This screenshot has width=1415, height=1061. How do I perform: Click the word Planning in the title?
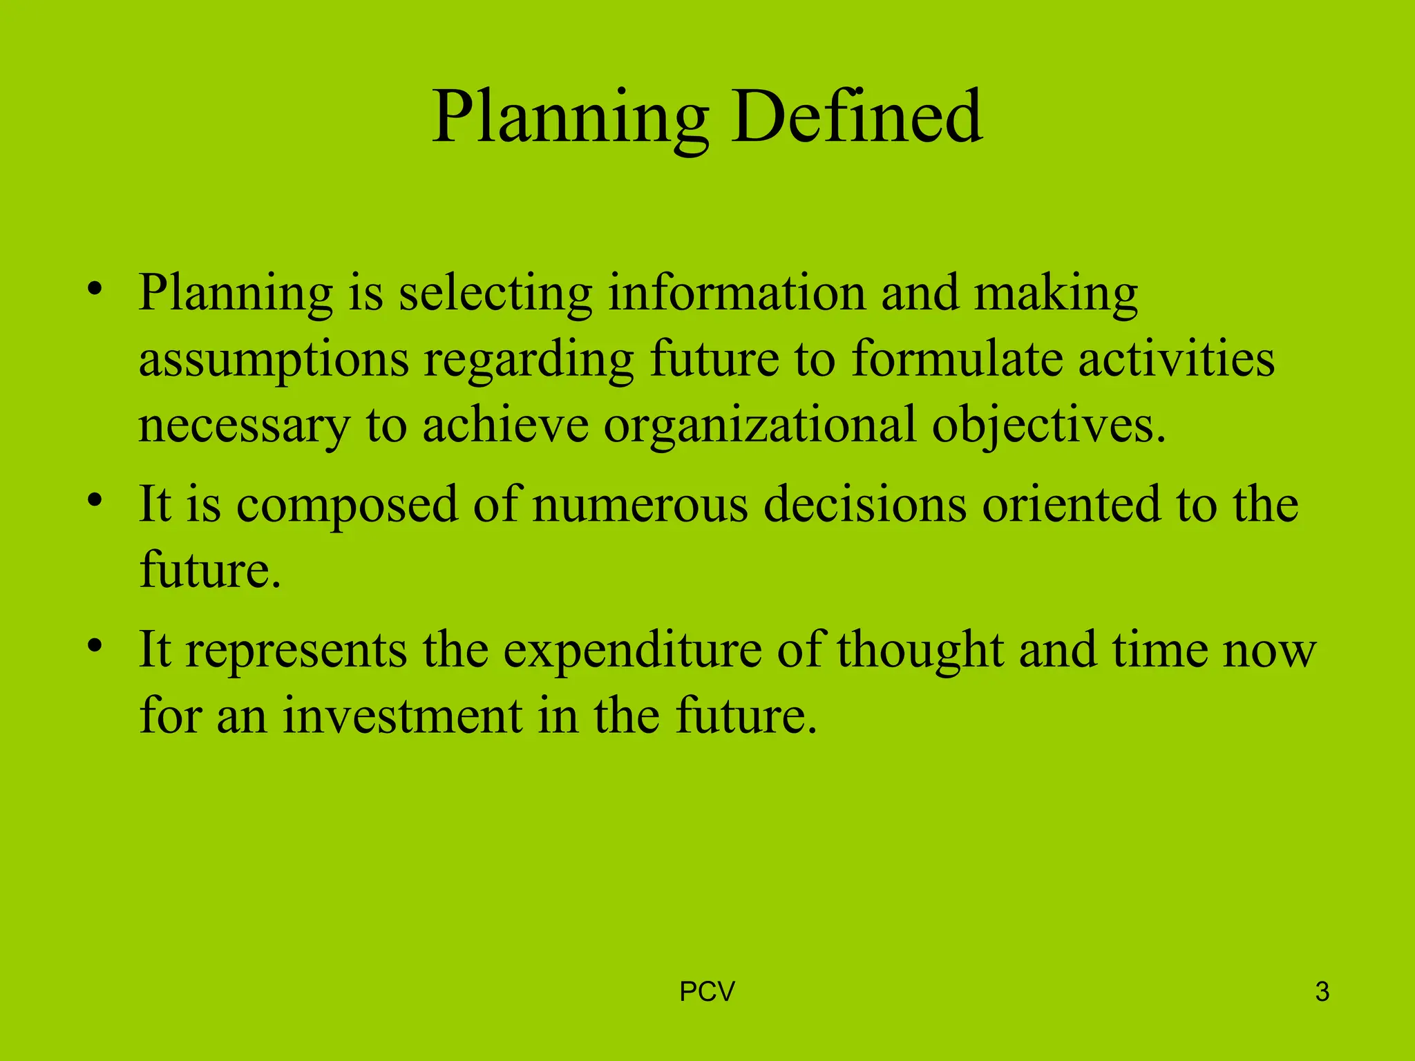[x=571, y=119]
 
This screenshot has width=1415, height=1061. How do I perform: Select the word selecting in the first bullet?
[x=495, y=294]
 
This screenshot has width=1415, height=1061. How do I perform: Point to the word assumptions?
[x=274, y=361]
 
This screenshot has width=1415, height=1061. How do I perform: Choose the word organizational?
[x=759, y=426]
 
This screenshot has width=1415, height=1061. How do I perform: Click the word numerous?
[x=640, y=504]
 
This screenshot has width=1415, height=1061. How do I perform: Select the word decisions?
[x=865, y=504]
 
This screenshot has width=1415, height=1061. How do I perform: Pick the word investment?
[x=402, y=716]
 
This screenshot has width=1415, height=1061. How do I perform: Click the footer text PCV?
[x=707, y=992]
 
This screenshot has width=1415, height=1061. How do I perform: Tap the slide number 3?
[x=1322, y=992]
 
